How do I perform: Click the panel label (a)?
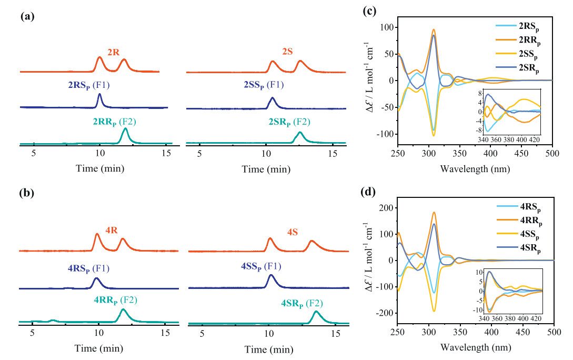click(x=27, y=16)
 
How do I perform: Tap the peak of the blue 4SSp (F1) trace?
click(x=270, y=275)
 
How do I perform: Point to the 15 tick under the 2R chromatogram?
click(x=166, y=154)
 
